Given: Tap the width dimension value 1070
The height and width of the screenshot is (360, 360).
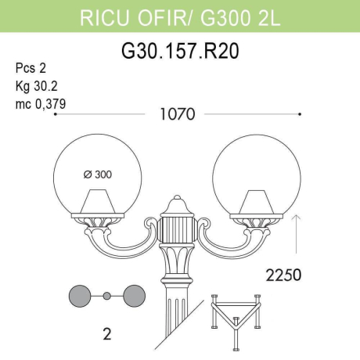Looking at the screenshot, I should (178, 114).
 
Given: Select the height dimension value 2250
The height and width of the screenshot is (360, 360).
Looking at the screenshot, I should (284, 275).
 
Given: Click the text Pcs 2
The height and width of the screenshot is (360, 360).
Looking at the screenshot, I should (31, 69).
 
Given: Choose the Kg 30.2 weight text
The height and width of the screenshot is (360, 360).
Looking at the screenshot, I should (34, 85).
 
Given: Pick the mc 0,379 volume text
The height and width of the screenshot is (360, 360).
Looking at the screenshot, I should (39, 101).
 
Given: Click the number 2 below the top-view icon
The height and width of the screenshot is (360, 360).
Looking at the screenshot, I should (106, 334).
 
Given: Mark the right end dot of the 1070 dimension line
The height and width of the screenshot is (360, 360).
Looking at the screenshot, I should (301, 114).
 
